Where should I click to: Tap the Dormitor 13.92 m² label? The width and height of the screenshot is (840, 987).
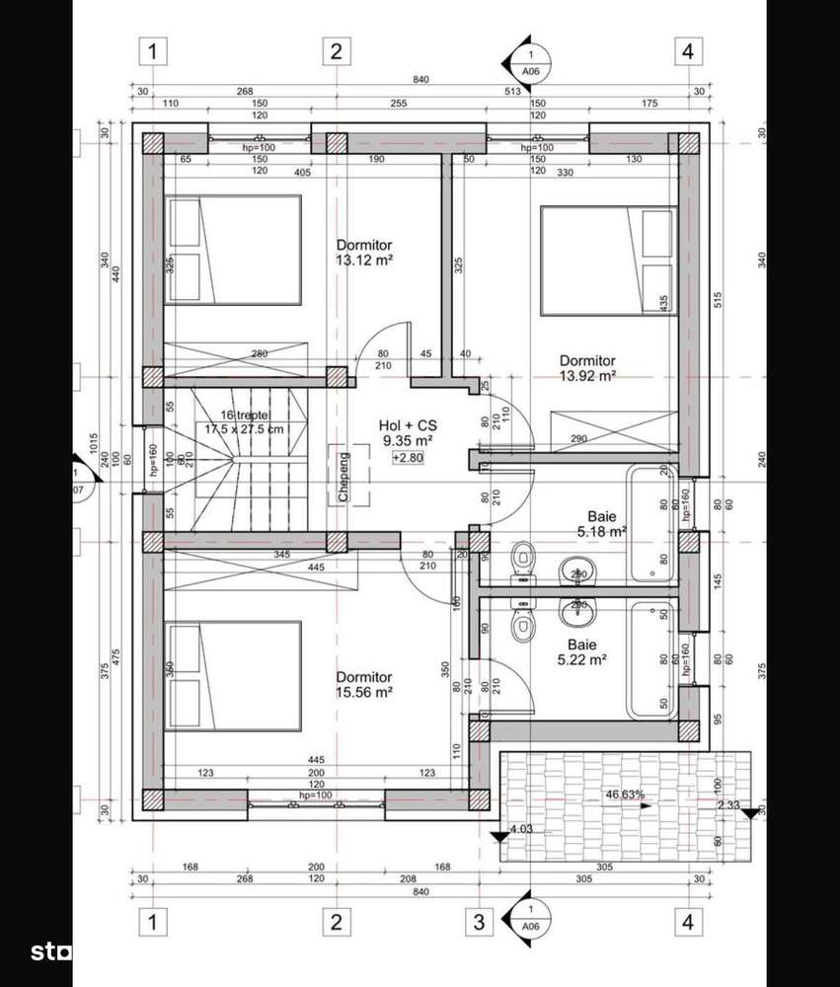coord(587,368)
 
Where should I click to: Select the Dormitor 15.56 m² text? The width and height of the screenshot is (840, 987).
coord(364,685)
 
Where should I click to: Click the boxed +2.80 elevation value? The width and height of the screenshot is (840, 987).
coord(407,458)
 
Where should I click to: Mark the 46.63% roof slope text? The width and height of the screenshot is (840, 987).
coord(625,794)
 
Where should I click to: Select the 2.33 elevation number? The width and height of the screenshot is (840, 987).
coord(730,805)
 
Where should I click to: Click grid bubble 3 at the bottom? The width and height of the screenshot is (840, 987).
coord(479,923)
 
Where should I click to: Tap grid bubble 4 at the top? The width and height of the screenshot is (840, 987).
coord(685,51)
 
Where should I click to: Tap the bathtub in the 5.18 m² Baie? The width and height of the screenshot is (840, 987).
coord(649,523)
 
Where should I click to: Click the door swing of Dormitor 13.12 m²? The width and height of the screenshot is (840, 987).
coord(380,345)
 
